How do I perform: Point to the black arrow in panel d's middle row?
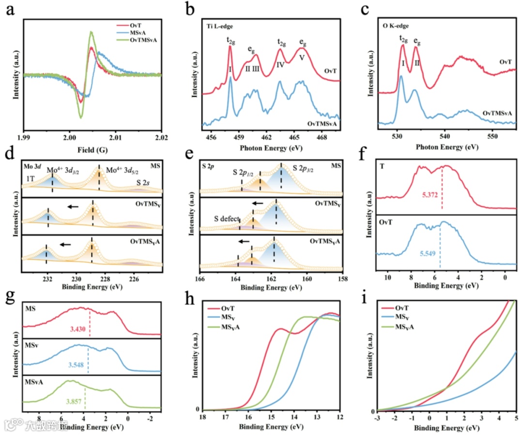(73, 207)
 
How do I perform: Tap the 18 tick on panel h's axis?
(203, 417)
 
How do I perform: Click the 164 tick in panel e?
(235, 279)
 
